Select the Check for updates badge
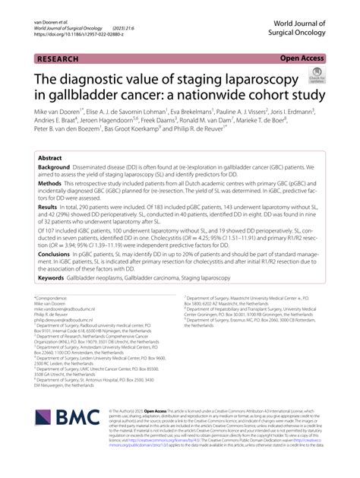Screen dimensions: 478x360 pyautogui.click(x=313, y=76)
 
